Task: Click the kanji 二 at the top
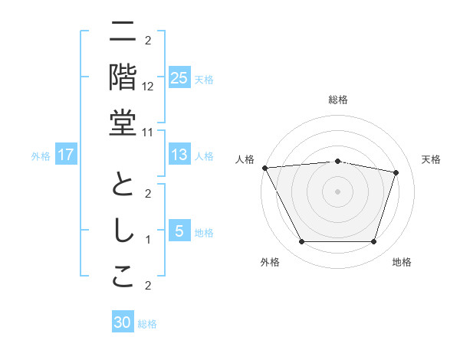[x=123, y=32]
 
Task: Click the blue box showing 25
[x=179, y=78]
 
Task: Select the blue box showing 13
[x=179, y=155]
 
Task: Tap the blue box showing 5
[x=179, y=231]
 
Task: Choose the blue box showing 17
[x=66, y=155]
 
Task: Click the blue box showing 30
[x=123, y=322]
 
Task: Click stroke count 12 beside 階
[x=148, y=86]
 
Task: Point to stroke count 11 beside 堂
[x=148, y=131]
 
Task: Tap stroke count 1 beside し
[x=148, y=240]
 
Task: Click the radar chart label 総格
[x=337, y=100]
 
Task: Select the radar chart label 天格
[x=431, y=159]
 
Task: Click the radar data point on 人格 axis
[x=264, y=167]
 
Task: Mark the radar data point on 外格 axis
[x=301, y=242]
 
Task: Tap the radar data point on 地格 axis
[x=373, y=242]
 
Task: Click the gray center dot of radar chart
[x=337, y=191]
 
